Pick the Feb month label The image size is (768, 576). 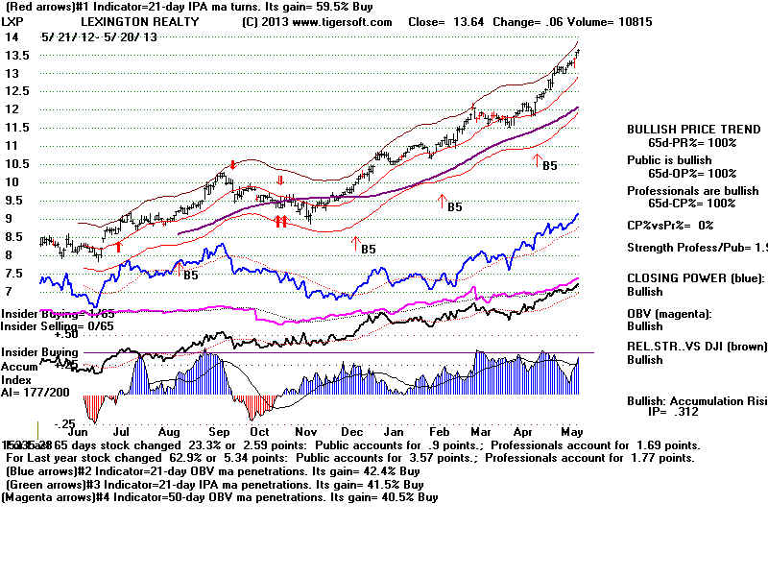point(447,433)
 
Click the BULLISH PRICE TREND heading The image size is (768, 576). point(681,130)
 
